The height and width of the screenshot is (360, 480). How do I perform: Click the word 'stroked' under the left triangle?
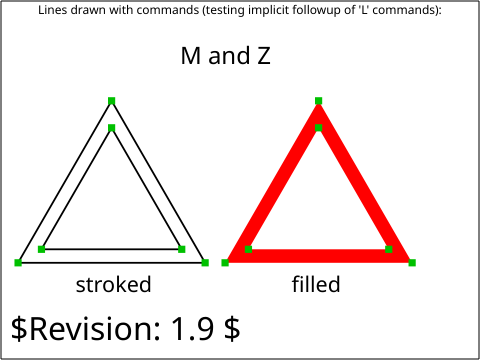114,284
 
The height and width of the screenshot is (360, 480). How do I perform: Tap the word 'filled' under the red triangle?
316,284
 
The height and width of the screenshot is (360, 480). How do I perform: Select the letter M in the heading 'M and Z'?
191,55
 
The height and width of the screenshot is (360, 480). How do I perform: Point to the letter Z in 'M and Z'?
264,55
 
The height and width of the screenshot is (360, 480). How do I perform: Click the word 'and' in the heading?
229,55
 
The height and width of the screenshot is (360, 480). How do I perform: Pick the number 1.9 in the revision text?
192,328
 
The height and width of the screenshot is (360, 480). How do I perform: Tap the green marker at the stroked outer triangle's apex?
112,101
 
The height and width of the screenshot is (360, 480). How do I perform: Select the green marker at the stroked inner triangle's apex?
112,128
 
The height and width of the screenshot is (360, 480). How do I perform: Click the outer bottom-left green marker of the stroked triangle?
18,263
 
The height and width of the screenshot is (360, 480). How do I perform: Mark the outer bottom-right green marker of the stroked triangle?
205,263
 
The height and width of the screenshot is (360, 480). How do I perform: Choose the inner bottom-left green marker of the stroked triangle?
42,249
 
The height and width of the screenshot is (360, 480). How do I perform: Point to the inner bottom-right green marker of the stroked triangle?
182,249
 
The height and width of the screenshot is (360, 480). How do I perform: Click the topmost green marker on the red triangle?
318,101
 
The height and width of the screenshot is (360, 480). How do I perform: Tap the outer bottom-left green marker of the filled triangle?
225,263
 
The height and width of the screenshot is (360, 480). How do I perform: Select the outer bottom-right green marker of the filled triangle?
412,263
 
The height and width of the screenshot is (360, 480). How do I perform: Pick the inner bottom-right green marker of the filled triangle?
389,249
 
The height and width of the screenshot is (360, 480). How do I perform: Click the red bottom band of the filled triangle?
318,256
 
